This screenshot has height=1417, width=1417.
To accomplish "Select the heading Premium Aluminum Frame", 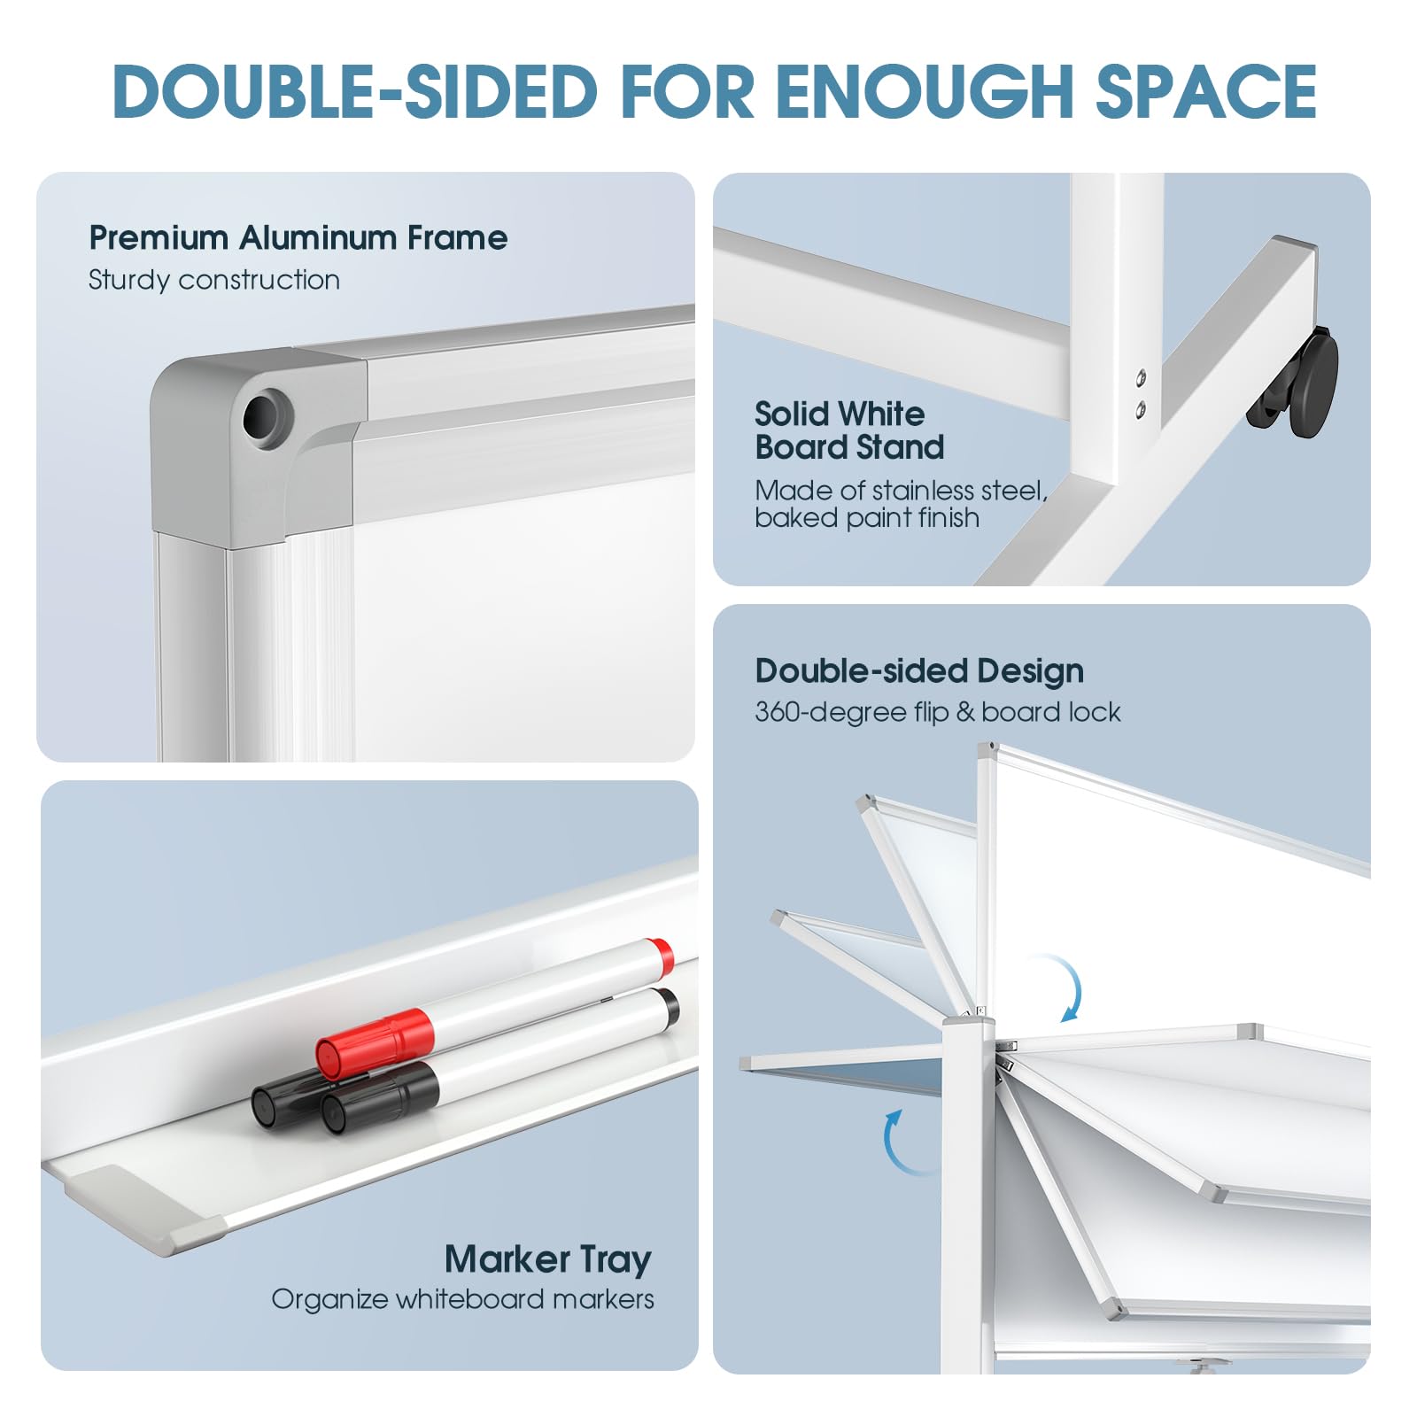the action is pyautogui.click(x=298, y=237).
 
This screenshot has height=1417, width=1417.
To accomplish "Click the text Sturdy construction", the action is pyautogui.click(x=214, y=280).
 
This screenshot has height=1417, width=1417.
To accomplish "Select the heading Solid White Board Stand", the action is pyautogui.click(x=849, y=430).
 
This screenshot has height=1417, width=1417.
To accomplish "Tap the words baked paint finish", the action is pyautogui.click(x=867, y=518).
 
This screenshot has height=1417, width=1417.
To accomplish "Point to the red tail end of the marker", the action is pyautogui.click(x=659, y=954).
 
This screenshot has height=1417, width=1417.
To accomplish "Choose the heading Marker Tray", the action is pyautogui.click(x=548, y=1258).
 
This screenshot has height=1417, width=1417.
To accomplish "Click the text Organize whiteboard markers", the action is pyautogui.click(x=463, y=1299).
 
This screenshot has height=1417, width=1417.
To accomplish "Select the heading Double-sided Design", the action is pyautogui.click(x=919, y=671).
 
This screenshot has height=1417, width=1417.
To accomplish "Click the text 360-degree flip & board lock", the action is pyautogui.click(x=938, y=712).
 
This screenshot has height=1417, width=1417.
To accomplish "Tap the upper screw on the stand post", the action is pyautogui.click(x=1142, y=376).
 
